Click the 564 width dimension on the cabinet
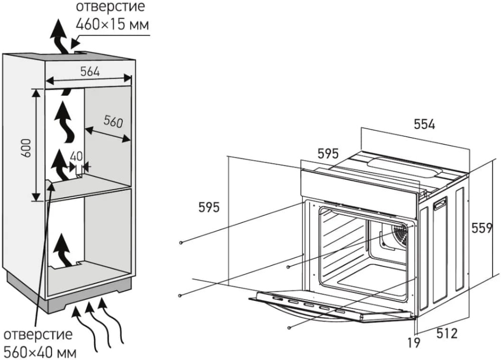[91, 72]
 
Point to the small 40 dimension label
[76, 156]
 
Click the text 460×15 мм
[112, 24]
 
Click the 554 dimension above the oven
[424, 125]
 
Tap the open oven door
[331, 305]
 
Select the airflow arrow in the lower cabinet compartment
[63, 250]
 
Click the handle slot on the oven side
[440, 203]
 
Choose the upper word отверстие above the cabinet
[110, 8]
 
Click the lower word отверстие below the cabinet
[38, 334]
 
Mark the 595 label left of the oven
[208, 207]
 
